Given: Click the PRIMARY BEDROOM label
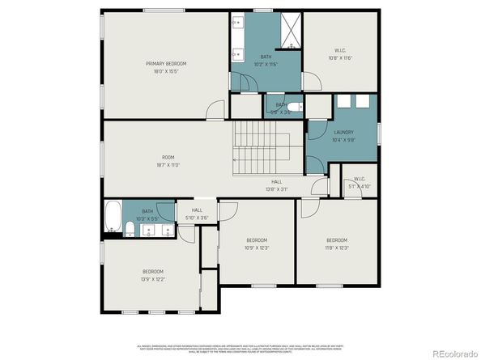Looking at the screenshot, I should coord(166,63).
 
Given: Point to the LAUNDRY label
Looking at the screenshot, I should coord(343,133).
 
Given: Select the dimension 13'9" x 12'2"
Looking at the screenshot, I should coord(153,279).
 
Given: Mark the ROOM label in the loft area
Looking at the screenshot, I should coord(168,158).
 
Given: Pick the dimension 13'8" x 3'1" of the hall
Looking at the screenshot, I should coord(276,189).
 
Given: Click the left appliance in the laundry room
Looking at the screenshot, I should coord(343,101).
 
